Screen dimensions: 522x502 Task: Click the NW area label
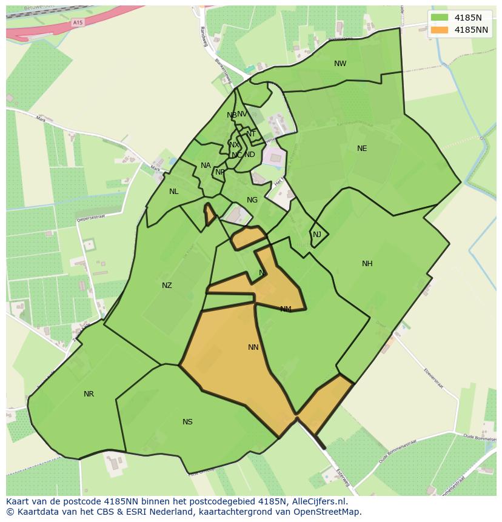340,64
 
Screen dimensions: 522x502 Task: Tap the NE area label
362,149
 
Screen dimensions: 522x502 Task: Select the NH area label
367,264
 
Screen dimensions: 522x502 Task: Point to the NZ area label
167,286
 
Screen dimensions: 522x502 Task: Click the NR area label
89,394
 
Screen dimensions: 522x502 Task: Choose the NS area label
187,422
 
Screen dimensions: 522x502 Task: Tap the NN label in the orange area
253,347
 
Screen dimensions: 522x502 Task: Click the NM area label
286,309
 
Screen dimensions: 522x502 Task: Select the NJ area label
317,235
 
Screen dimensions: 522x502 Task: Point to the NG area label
252,200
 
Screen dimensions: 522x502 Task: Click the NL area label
174,192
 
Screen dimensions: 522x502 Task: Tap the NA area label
206,166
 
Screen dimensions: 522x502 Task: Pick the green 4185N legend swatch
440,18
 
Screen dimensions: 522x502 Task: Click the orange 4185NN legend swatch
440,30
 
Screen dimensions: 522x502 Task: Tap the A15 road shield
77,22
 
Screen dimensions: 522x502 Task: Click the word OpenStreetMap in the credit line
327,512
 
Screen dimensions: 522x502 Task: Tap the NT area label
251,134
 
